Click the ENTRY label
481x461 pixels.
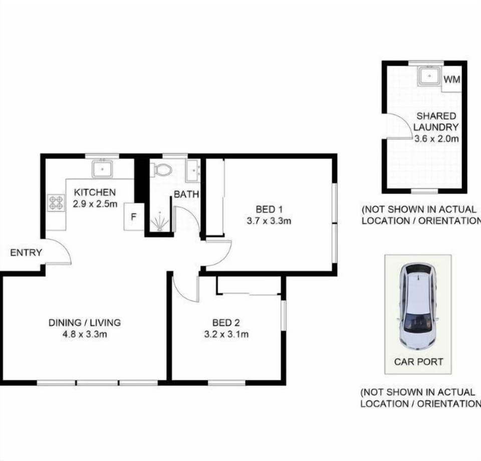coord(26,253)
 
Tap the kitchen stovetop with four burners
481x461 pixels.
coord(56,203)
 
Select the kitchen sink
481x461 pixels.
coord(102,169)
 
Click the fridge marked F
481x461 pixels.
coord(134,216)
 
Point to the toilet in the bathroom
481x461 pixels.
coord(161,169)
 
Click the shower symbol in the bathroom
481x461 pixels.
coord(159,221)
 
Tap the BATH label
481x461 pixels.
coord(186,194)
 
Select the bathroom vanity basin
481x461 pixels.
coord(193,171)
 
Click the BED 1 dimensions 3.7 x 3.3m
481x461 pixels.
coord(269,220)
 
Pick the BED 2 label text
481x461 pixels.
coord(226,323)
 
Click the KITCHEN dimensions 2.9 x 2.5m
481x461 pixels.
coord(95,203)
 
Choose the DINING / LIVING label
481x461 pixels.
coord(85,323)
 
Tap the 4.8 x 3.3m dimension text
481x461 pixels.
coord(85,334)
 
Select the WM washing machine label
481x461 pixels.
coord(452,80)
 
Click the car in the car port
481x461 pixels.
coord(418,306)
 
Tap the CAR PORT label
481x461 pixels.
coord(418,362)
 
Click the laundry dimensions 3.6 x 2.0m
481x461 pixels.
coord(436,139)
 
